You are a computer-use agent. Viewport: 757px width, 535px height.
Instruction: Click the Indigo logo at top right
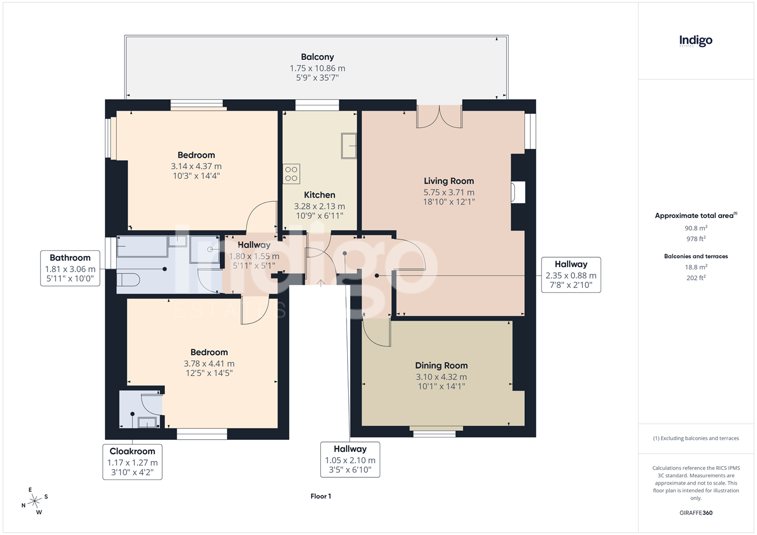(695, 41)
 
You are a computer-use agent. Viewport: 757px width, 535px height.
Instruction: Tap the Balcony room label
(317, 57)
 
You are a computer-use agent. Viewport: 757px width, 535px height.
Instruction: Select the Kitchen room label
(320, 195)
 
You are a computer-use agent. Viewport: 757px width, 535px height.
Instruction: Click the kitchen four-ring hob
(292, 174)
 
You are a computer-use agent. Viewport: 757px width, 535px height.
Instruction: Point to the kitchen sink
(349, 146)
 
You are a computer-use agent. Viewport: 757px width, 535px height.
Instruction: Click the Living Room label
(449, 181)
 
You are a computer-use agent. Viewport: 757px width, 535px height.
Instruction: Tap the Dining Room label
(441, 365)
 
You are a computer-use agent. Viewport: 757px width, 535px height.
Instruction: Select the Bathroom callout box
(70, 268)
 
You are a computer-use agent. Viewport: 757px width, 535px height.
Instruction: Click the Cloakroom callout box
(132, 462)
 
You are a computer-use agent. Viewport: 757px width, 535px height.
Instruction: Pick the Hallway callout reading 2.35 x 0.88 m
(571, 275)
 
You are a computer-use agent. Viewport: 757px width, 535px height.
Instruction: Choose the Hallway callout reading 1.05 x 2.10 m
(350, 459)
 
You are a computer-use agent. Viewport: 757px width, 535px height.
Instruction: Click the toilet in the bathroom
(128, 280)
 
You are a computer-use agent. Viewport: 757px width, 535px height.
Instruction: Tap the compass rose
(34, 501)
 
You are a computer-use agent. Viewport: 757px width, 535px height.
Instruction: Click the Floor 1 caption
(321, 496)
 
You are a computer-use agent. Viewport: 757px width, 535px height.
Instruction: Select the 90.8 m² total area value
(696, 228)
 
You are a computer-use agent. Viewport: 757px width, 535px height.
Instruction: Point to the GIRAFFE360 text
(696, 513)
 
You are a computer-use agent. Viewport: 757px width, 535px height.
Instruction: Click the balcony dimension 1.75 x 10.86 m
(317, 68)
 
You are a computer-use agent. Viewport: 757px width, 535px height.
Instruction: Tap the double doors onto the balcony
(439, 117)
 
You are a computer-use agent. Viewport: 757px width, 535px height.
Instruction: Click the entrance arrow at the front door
(320, 282)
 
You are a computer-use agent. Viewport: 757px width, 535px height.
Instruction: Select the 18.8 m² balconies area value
(696, 267)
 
